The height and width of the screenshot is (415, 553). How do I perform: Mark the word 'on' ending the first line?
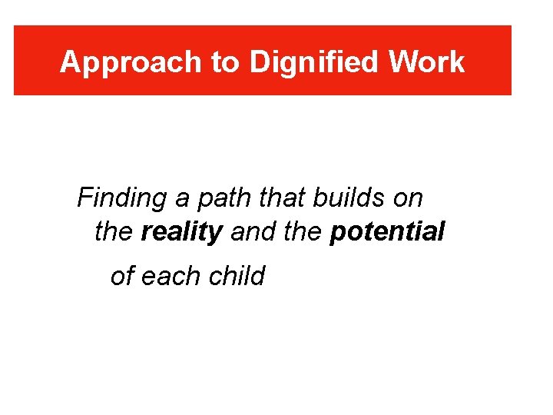tap(407, 198)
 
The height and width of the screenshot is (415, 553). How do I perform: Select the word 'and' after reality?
tap(250, 231)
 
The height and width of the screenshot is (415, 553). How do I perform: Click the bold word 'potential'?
tap(387, 231)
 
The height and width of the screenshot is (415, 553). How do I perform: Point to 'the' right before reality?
tap(113, 231)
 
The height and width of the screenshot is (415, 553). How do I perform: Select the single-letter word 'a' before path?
tap(182, 200)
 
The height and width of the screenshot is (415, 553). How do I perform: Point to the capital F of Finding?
tap(85, 198)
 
